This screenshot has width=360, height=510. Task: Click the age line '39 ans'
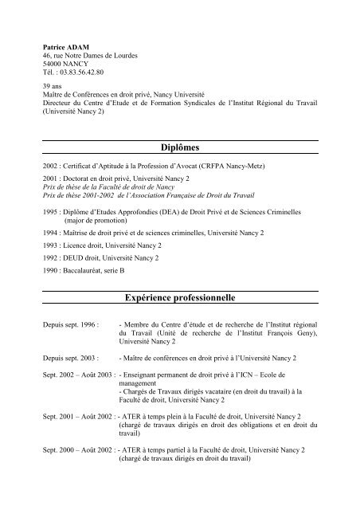tap(53, 84)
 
